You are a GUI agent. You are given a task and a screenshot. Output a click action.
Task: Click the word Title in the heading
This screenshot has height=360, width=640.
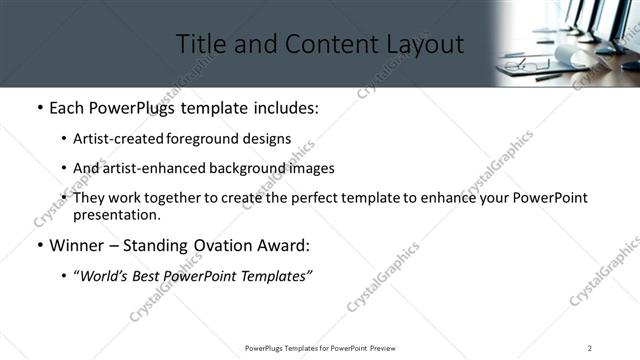click(200, 45)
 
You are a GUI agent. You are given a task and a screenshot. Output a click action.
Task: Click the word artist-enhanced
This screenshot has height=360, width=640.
click(144, 168)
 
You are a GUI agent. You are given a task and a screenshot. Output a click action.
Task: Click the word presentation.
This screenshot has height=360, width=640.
click(117, 214)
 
